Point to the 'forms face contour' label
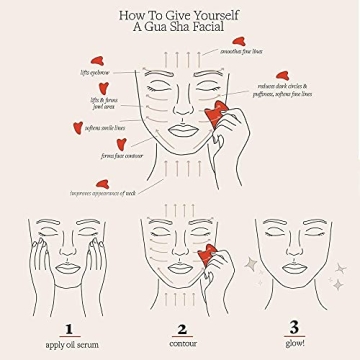coord(119,156)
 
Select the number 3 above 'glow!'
coord(293,327)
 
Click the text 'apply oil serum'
coord(68,343)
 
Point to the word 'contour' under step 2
coord(181,343)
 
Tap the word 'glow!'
coord(293,343)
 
